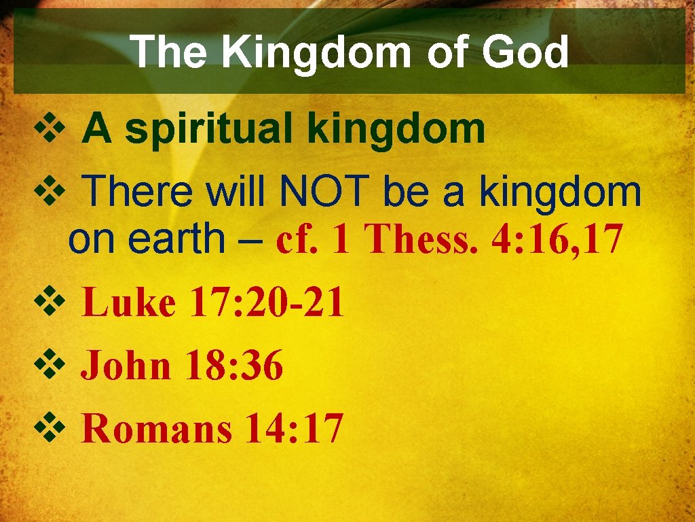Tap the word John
[x=126, y=367]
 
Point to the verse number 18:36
[x=236, y=367]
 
